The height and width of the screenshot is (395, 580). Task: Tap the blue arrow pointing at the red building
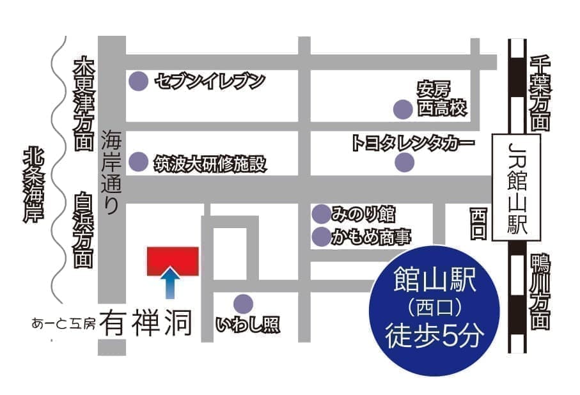point(169,284)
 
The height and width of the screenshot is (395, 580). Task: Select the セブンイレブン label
point(209,82)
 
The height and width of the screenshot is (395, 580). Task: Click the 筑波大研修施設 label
point(209,164)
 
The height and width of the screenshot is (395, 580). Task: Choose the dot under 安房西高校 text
point(402,110)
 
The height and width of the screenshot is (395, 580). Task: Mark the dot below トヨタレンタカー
point(404,163)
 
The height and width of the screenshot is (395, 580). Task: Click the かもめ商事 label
point(370,238)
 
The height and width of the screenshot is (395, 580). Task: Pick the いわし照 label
point(248,325)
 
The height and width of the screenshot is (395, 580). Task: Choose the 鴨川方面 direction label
point(540,291)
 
